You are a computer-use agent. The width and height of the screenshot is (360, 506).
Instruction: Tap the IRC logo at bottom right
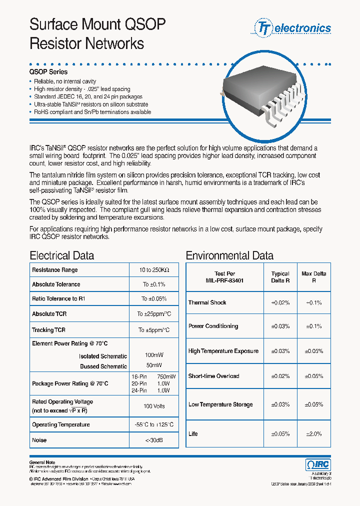pyautogui.click(x=318, y=464)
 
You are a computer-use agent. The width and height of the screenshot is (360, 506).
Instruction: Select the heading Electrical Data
pyautogui.click(x=61, y=255)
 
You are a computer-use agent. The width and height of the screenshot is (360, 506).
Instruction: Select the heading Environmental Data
pyautogui.click(x=229, y=255)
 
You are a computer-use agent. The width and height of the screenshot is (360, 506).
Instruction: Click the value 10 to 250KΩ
pyautogui.click(x=154, y=270)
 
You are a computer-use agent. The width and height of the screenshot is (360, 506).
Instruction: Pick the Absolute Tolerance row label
pyautogui.click(x=56, y=284)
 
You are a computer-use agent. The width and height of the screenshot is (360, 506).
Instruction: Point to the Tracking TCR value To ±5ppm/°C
pyautogui.click(x=154, y=330)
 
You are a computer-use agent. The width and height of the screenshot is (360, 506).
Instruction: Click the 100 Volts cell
pyautogui.click(x=154, y=406)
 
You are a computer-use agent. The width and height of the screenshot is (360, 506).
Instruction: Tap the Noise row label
pyautogui.click(x=39, y=440)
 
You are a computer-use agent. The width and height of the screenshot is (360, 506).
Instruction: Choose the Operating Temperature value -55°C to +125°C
pyautogui.click(x=154, y=424)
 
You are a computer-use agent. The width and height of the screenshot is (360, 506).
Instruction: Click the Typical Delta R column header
pyautogui.click(x=280, y=277)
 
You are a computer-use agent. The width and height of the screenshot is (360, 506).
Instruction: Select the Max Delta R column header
pyautogui.click(x=313, y=277)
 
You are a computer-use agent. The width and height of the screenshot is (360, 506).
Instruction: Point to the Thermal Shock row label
pyautogui.click(x=207, y=302)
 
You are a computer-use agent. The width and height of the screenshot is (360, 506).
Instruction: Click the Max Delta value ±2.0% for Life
pyautogui.click(x=313, y=434)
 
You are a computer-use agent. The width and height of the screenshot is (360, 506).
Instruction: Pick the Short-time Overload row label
pyautogui.click(x=213, y=376)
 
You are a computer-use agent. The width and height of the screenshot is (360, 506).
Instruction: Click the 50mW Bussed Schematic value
pyautogui.click(x=154, y=366)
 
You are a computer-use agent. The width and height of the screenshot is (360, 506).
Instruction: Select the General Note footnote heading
pyautogui.click(x=42, y=462)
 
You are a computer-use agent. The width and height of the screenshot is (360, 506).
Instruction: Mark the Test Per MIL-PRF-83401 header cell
pyautogui.click(x=224, y=277)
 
